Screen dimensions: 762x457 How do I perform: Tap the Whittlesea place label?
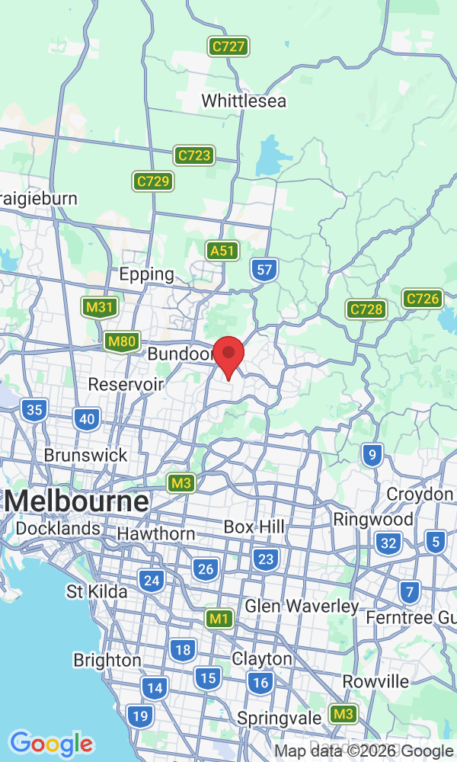244,101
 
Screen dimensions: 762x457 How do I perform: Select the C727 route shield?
228,46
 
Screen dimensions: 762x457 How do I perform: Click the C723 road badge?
193,155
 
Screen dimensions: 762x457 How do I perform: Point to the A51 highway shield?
223,250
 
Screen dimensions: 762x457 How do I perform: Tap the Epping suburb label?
146,274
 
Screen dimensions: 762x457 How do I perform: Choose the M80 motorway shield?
122,342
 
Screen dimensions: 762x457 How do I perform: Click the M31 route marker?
100,307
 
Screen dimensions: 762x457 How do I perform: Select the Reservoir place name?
126,384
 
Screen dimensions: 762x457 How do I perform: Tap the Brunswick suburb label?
85,455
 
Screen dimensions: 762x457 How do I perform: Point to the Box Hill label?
254,527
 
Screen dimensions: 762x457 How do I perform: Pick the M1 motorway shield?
219,619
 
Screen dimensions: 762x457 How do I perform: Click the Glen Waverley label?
302,607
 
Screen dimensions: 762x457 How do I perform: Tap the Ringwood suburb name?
373,520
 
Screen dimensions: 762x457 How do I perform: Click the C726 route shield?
422,299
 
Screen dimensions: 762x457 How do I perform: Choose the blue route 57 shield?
264,269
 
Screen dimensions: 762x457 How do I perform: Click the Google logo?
51,744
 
